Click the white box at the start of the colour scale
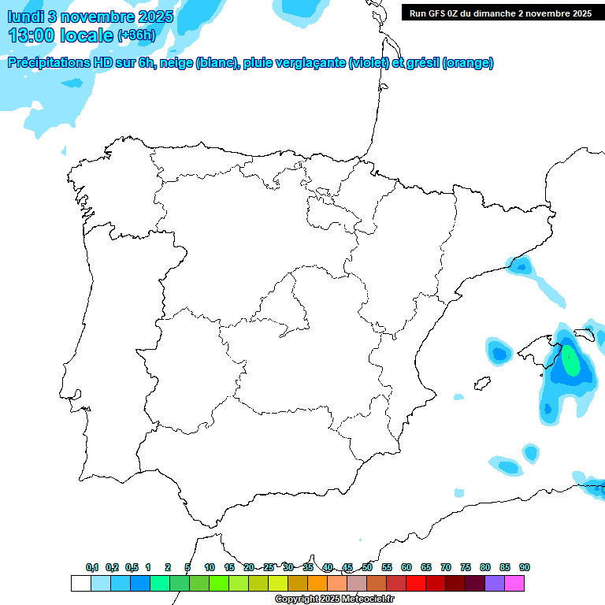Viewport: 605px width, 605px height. [x=80, y=583]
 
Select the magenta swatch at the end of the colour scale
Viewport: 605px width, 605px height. [x=514, y=583]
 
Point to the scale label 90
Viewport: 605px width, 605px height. [x=525, y=567]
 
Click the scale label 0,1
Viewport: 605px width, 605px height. [x=92, y=567]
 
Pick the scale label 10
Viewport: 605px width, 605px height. [x=210, y=567]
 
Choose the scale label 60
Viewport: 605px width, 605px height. [x=406, y=567]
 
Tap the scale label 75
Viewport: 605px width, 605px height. [x=466, y=567]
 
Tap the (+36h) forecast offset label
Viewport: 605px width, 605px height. [x=136, y=35]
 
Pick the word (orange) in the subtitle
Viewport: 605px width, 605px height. [x=469, y=64]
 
